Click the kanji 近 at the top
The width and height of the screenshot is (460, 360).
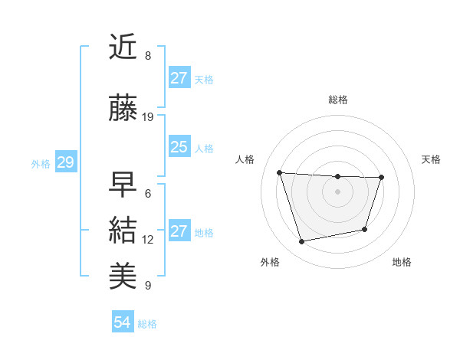(124, 47)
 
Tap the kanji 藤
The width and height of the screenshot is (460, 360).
(124, 110)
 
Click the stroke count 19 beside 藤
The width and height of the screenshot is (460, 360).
(148, 117)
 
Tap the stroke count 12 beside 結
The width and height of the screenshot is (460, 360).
(148, 240)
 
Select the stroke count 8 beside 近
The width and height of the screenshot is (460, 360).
(148, 56)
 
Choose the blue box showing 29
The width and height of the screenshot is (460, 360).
(65, 162)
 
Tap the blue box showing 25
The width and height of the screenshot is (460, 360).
(179, 147)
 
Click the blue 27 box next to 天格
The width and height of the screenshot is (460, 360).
(179, 77)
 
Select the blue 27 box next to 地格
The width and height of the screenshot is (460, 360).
(179, 231)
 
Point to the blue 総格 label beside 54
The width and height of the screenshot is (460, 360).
(147, 324)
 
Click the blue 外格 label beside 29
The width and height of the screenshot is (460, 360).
(41, 163)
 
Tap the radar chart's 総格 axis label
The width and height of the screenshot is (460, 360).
(337, 100)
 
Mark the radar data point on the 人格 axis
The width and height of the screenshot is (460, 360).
(280, 172)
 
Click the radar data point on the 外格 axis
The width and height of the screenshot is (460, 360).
(302, 242)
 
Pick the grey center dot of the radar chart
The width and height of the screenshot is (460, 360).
(337, 191)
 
